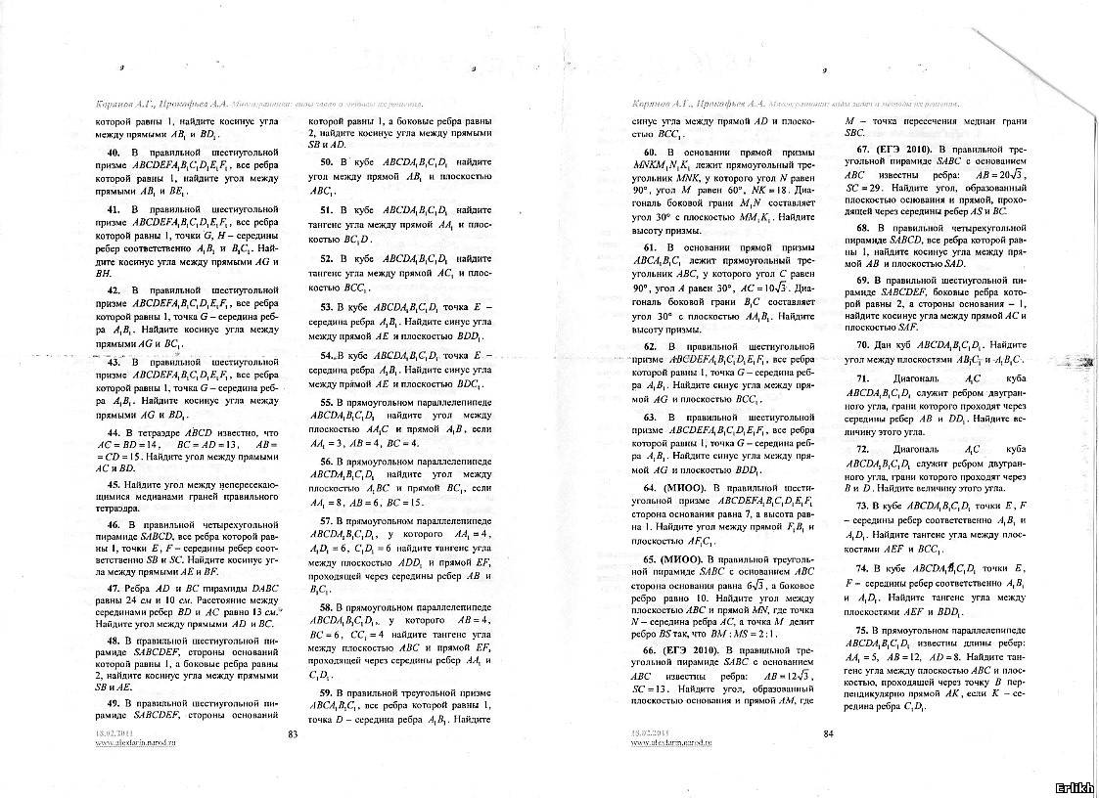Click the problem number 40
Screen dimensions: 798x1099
point(114,155)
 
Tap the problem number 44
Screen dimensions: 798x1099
point(114,432)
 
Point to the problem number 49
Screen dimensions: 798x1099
point(114,703)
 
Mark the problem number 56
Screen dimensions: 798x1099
point(327,459)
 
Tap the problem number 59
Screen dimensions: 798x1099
point(327,692)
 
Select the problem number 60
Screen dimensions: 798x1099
point(650,154)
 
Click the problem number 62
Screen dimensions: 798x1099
point(650,346)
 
